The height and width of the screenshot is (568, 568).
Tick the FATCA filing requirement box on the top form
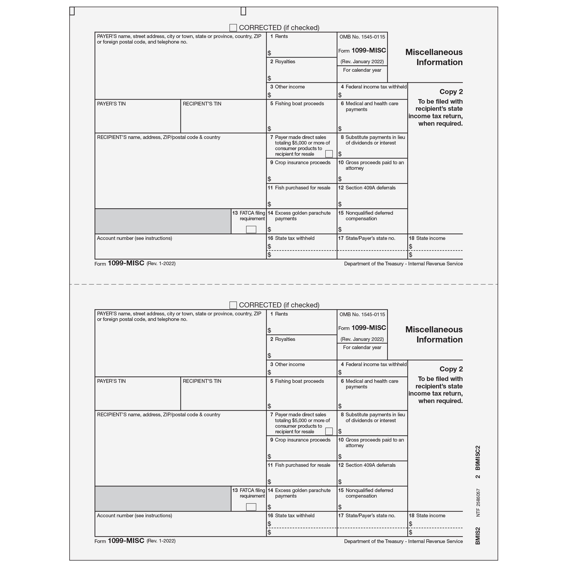click(x=251, y=229)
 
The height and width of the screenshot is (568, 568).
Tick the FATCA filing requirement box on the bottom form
click(x=251, y=507)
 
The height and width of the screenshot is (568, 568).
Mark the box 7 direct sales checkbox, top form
click(x=329, y=154)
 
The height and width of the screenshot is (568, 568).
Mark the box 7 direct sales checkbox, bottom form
click(x=329, y=431)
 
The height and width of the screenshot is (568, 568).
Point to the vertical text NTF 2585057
click(x=478, y=502)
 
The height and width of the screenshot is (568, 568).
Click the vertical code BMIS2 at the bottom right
click(x=478, y=536)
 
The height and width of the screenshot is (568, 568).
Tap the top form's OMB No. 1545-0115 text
click(x=362, y=37)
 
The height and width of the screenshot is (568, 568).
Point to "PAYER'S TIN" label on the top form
click(x=111, y=104)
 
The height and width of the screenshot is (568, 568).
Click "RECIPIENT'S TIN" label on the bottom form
click(x=202, y=381)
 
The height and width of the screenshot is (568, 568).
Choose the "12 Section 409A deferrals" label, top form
click(x=367, y=188)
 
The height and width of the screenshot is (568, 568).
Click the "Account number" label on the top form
click(x=134, y=238)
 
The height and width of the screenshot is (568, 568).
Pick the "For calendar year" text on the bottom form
click(x=362, y=347)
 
